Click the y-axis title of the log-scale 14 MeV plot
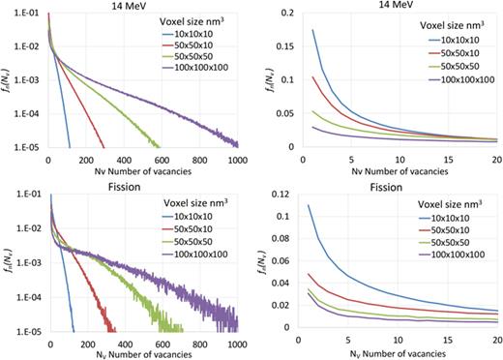coord(9,81)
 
